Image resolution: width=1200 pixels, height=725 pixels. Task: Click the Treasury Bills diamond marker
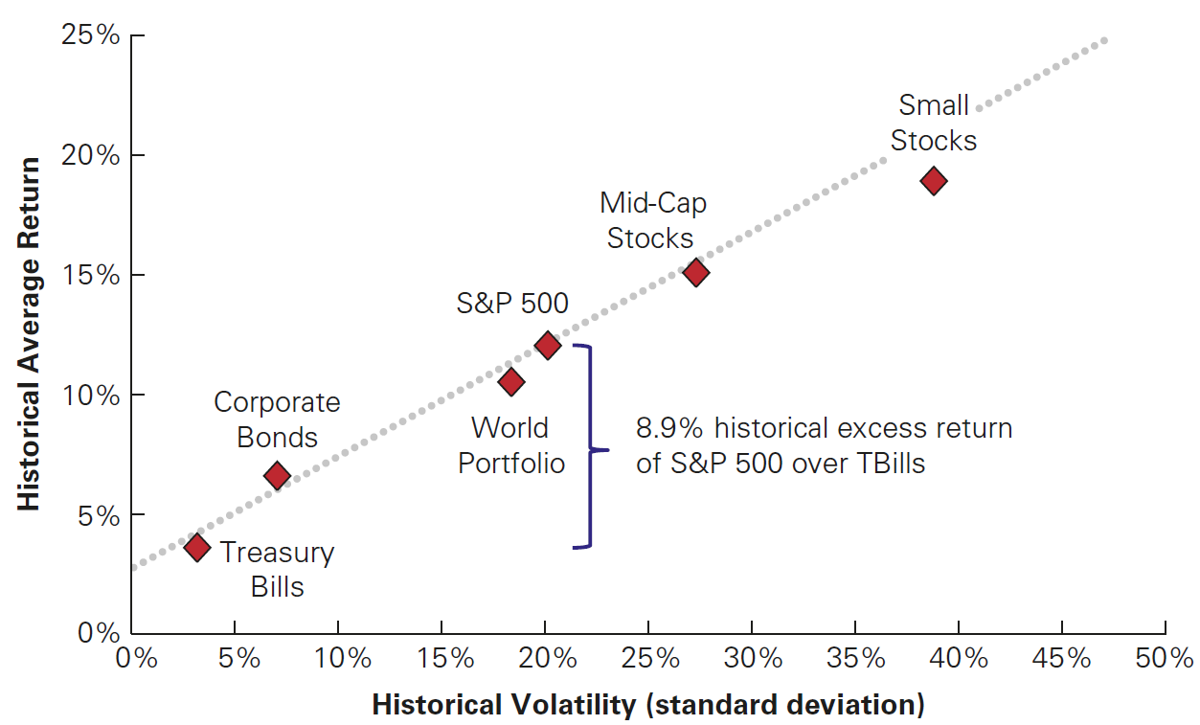tap(197, 548)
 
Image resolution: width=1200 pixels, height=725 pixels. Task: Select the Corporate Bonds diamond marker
tap(277, 475)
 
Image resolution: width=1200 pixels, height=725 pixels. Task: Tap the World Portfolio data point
tap(510, 381)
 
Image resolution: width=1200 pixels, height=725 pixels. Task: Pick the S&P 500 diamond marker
tap(548, 345)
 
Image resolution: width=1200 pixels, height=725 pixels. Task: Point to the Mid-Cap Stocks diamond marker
tap(696, 273)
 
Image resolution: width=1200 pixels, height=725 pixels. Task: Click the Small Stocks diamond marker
tap(934, 180)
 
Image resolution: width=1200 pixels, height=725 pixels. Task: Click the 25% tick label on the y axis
tap(91, 36)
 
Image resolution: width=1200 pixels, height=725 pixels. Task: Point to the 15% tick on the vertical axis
tap(91, 276)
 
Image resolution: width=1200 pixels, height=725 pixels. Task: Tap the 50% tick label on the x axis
tap(1166, 659)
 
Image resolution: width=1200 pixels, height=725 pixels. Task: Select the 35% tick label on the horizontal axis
tap(855, 659)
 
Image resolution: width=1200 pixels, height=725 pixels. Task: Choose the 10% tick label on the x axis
tap(338, 659)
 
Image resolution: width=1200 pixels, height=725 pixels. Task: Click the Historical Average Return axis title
tap(30, 334)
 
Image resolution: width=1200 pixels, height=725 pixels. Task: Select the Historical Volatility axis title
tap(648, 705)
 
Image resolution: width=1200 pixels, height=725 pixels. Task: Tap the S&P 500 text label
tap(511, 304)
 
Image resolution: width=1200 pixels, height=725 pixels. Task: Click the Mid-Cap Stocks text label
tap(652, 220)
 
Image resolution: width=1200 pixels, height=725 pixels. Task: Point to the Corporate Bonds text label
tap(277, 419)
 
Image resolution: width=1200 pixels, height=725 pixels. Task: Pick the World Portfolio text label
tap(510, 444)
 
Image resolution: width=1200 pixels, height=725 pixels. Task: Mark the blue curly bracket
tap(589, 447)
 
